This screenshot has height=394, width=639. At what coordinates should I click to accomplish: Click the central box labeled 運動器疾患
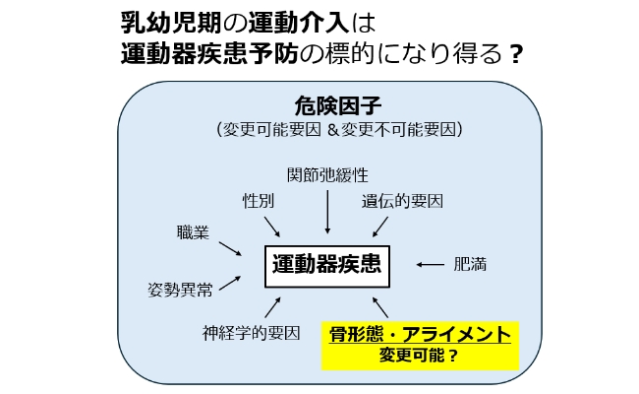[325, 264]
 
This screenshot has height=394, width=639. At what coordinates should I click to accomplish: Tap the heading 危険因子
[330, 105]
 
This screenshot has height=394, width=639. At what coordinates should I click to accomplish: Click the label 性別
[259, 200]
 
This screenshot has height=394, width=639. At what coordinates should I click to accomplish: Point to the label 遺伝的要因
[402, 200]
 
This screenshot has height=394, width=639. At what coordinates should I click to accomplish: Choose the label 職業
[192, 232]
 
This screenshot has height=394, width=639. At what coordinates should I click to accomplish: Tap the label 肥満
[469, 265]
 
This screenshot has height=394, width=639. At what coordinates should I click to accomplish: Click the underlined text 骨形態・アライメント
[420, 335]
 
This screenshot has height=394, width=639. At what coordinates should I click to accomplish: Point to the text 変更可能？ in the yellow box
[420, 357]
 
